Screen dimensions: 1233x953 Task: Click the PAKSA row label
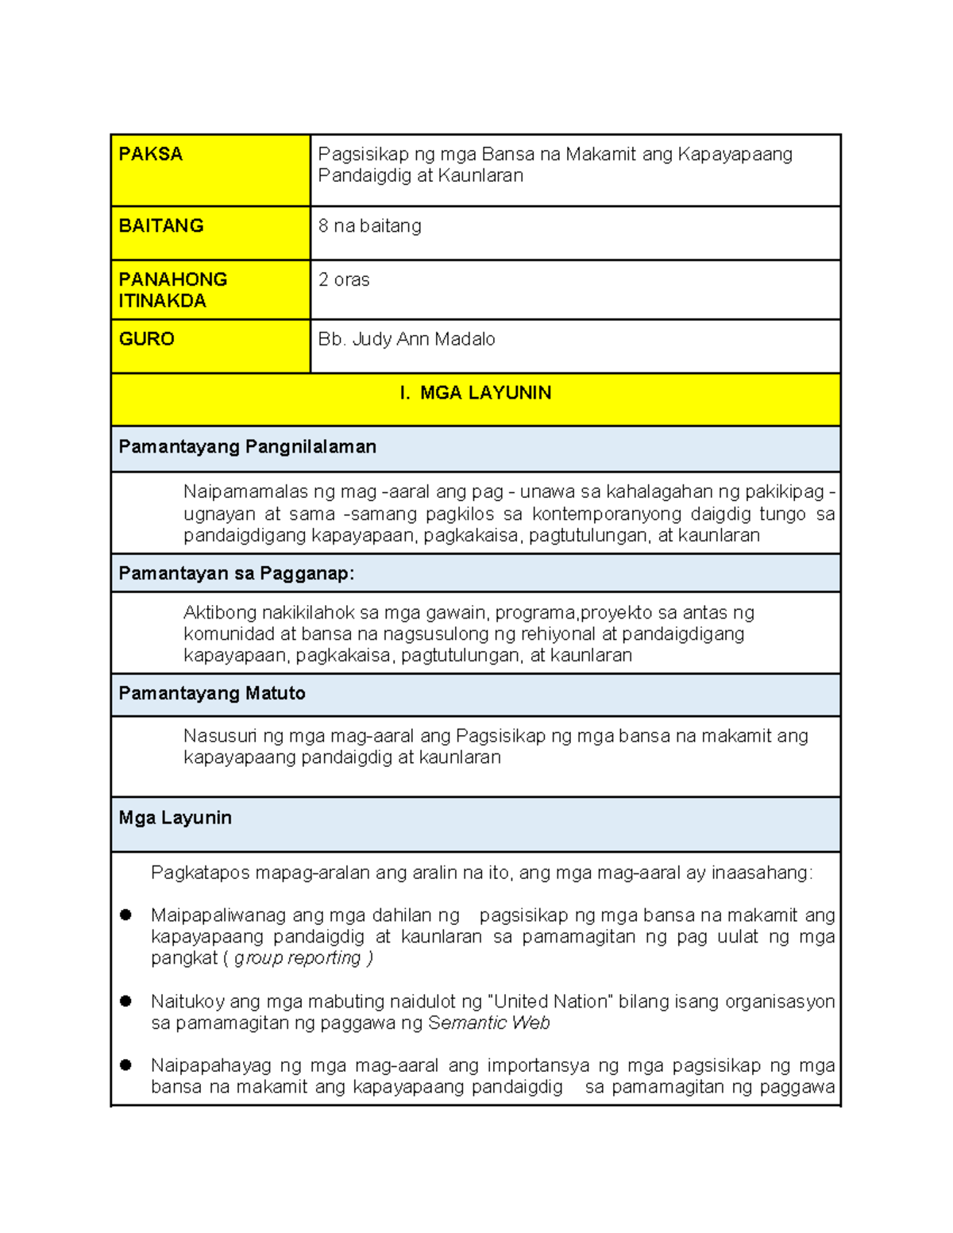[151, 154]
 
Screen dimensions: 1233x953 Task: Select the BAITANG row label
[161, 226]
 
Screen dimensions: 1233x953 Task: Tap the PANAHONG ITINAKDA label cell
[173, 290]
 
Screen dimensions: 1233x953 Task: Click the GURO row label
[147, 339]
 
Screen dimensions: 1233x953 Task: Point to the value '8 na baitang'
[370, 226]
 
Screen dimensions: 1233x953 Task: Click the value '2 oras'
[344, 280]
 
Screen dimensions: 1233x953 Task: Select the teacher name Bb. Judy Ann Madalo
[407, 339]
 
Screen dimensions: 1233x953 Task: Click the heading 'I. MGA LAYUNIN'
[476, 393]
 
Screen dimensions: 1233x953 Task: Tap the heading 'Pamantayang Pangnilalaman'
[248, 447]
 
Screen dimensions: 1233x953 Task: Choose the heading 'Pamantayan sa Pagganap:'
[237, 574]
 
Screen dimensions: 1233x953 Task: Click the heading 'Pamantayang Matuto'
[212, 693]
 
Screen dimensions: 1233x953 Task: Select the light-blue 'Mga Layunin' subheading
[176, 818]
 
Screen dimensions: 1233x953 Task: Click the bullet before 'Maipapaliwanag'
[125, 915]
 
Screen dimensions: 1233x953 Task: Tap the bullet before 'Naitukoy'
[125, 1001]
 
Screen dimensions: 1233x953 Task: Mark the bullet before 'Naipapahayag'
[125, 1065]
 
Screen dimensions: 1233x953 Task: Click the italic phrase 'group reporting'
[298, 958]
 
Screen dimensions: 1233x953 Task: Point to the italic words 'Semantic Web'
[489, 1023]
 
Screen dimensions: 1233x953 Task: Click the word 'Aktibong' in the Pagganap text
[219, 613]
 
